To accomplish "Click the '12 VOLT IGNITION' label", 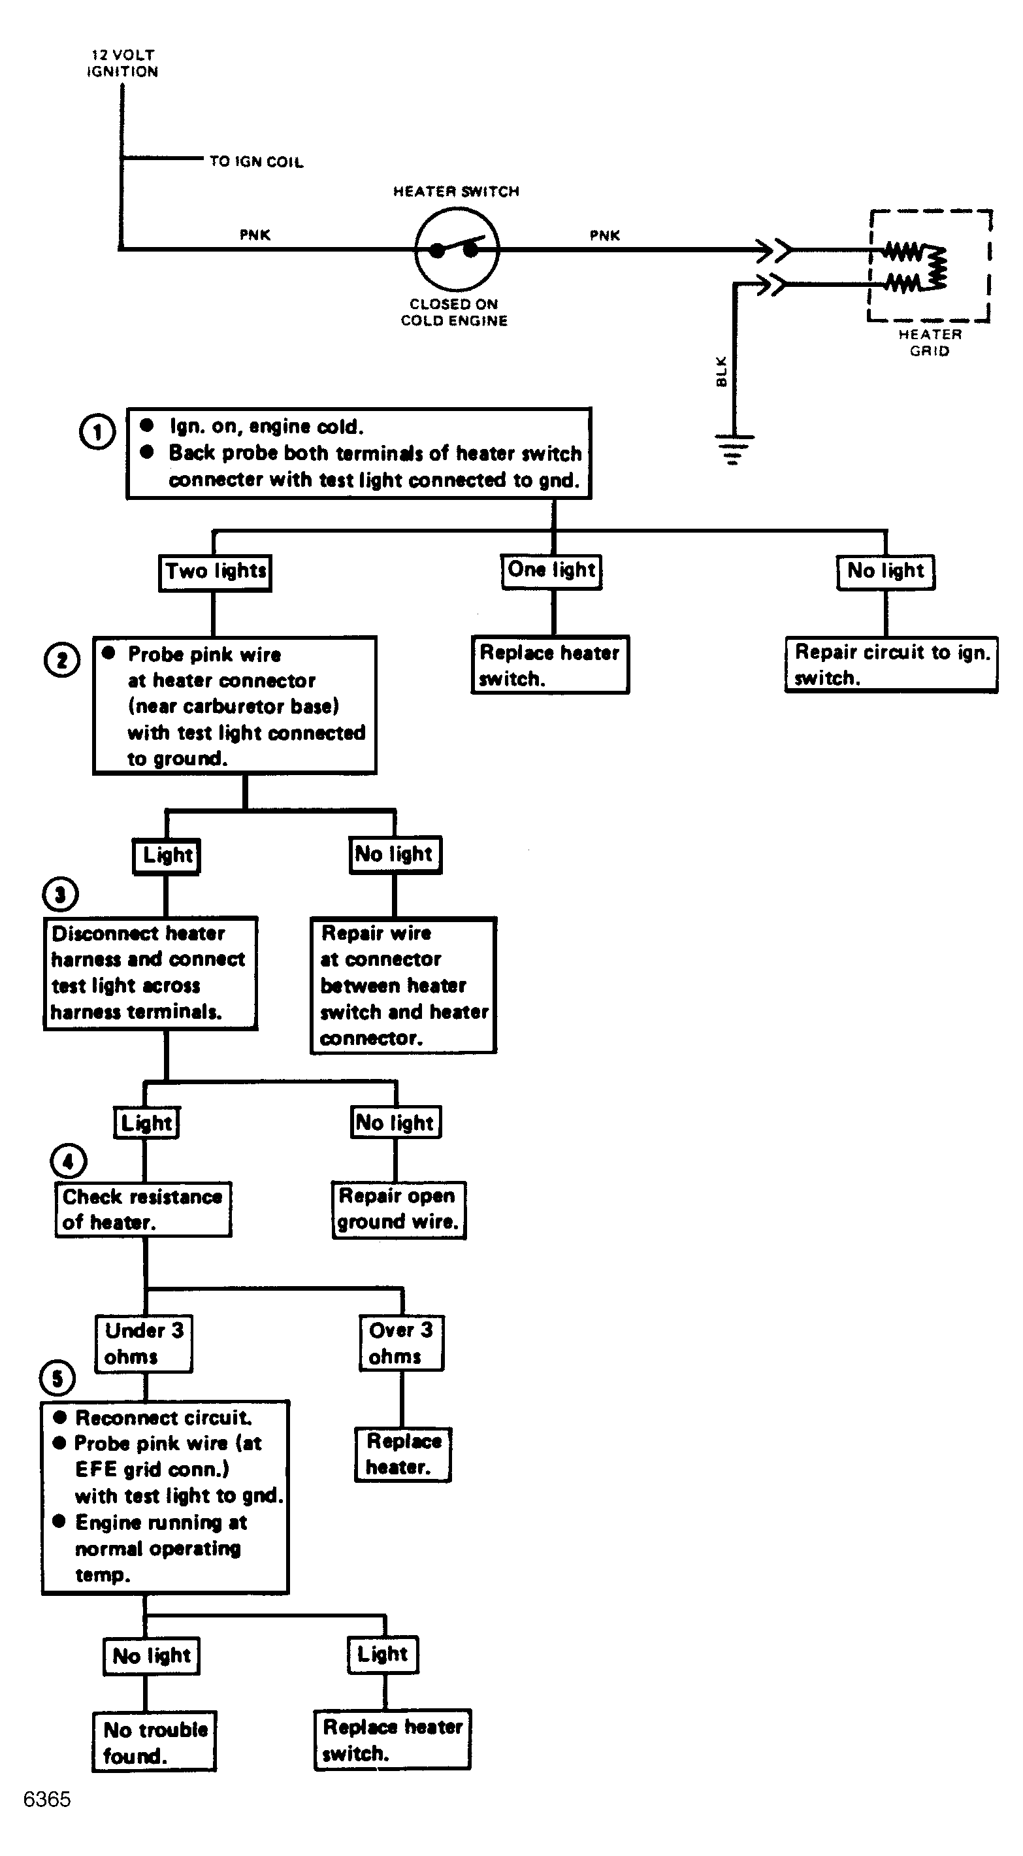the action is click(x=122, y=63).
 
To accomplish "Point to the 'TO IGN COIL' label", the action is click(x=257, y=161).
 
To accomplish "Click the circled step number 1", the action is click(x=97, y=432).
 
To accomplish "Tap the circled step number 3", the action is click(x=61, y=895).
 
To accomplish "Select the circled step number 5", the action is click(x=57, y=1378).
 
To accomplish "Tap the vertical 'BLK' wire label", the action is click(x=722, y=372).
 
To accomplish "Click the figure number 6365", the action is click(x=47, y=1800).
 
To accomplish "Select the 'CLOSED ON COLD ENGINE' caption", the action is click(x=454, y=312).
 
